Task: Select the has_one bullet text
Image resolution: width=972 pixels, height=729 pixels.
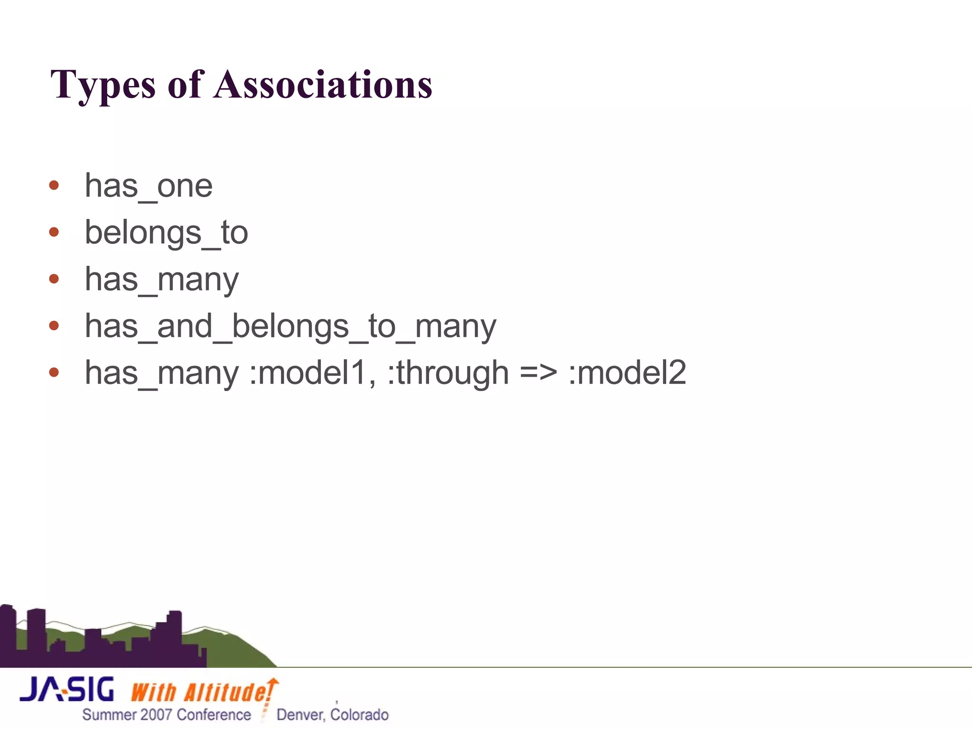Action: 149,186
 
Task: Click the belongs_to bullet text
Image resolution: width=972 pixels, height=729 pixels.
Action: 166,233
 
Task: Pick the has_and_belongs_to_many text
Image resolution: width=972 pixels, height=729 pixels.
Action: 290,327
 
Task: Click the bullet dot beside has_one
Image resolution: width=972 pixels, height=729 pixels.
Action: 54,185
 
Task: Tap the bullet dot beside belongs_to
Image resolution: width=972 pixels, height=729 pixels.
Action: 54,232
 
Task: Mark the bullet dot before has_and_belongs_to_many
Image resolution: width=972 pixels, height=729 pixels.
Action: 54,326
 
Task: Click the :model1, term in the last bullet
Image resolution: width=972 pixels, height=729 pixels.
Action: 313,373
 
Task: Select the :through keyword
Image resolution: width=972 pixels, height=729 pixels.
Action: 448,373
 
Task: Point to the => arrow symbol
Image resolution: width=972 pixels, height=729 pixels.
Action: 538,373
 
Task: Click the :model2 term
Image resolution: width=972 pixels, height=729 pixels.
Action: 627,373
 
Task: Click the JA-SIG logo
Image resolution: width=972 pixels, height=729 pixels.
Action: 67,690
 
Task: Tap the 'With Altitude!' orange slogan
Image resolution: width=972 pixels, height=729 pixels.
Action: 201,692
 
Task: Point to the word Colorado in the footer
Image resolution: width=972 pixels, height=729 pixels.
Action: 359,715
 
